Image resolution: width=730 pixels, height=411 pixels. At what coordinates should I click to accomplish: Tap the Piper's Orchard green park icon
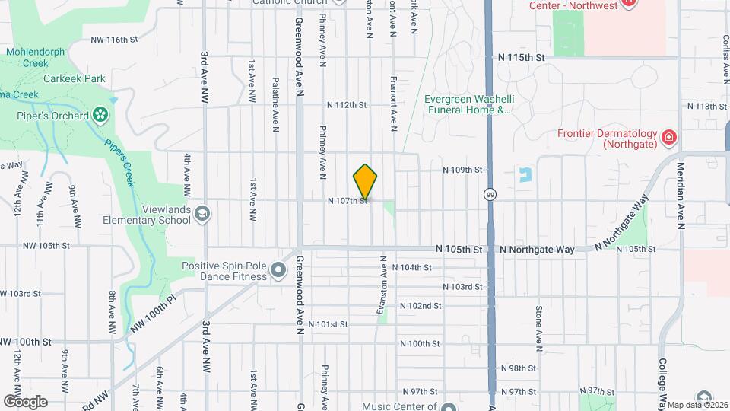tap(100, 116)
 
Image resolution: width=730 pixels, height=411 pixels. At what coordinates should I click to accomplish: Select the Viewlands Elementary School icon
tap(202, 214)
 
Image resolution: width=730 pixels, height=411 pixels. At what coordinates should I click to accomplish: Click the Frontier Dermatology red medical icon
tap(669, 138)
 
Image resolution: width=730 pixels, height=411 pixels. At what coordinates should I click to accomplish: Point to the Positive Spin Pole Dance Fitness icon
tap(278, 269)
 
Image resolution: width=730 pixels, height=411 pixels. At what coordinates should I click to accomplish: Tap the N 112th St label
tap(347, 105)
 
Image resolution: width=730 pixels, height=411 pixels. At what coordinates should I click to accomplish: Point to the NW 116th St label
tap(114, 39)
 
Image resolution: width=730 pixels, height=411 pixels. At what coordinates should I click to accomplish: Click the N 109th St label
tap(463, 170)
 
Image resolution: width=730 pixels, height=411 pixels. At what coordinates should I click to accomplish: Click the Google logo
tap(25, 401)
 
